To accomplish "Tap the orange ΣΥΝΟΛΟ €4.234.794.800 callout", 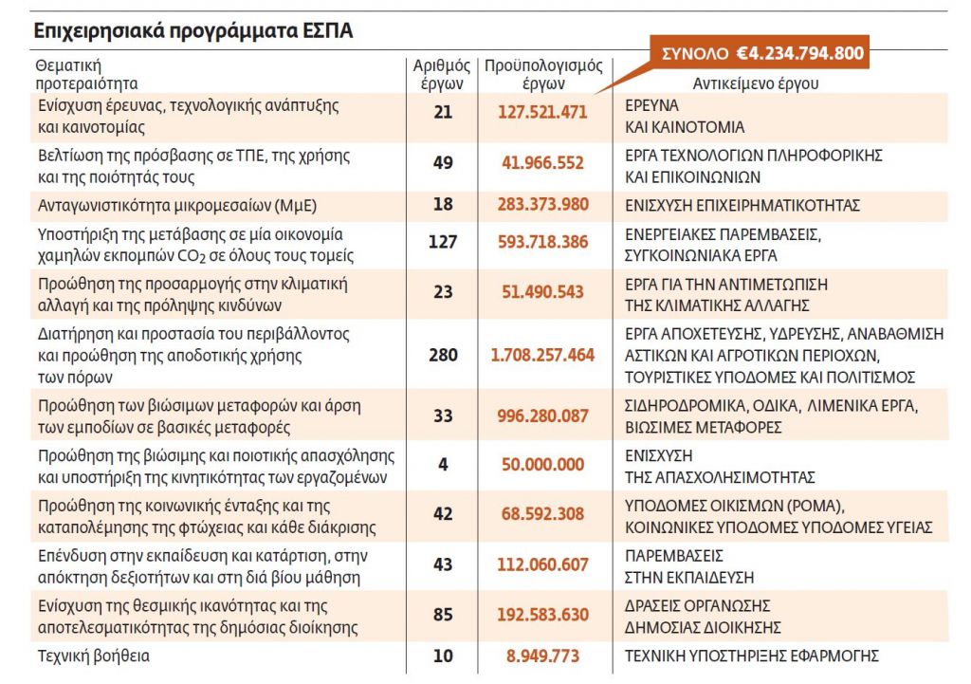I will pos(759,53).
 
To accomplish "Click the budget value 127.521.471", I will pos(543,112).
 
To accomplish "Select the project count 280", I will pos(443,356).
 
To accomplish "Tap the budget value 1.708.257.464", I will pos(543,356).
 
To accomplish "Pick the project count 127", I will pos(443,242).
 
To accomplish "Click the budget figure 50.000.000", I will pos(543,465).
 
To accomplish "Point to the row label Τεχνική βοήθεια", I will pos(93,656).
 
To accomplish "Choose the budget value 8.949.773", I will pos(543,656).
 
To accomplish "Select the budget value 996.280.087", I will pos(543,415).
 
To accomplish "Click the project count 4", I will pos(443,465).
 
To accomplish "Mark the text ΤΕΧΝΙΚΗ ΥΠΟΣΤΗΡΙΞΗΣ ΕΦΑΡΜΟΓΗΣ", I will pos(751,656).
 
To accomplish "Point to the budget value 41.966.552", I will pos(543,163).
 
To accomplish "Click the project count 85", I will pos(443,616).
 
